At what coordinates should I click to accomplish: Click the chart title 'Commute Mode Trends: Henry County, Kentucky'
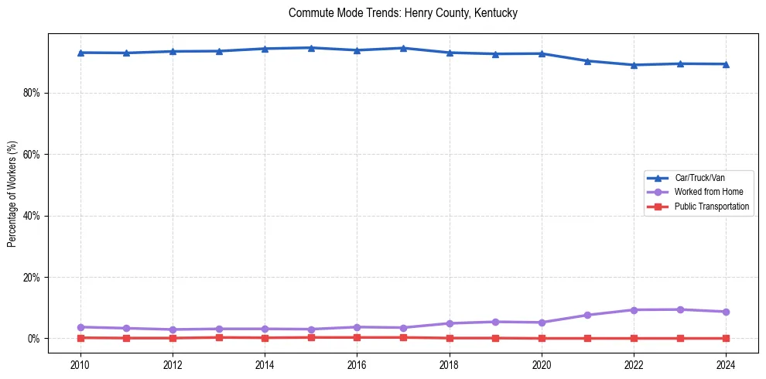(402, 13)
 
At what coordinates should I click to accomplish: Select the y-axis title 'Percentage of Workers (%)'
(12, 194)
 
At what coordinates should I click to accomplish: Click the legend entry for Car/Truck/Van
(699, 178)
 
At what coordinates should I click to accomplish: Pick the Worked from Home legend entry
(705, 192)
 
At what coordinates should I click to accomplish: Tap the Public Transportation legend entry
(711, 207)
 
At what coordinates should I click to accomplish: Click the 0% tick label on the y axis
(33, 339)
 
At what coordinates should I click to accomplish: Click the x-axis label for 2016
(357, 364)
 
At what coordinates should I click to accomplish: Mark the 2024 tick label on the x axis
(726, 364)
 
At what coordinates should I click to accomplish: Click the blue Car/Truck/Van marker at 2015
(311, 48)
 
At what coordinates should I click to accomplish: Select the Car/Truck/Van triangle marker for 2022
(634, 65)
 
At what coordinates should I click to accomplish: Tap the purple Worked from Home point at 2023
(680, 309)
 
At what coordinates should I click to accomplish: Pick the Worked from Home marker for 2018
(450, 323)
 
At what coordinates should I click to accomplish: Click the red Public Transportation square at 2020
(542, 338)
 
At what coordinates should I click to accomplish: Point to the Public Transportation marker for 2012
(173, 338)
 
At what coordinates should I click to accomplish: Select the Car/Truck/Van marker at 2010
(80, 53)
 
